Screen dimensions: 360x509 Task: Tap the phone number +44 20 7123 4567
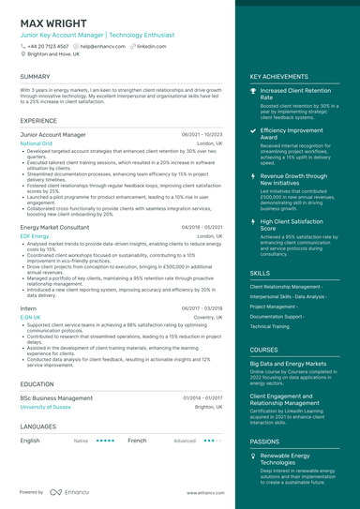pos(48,46)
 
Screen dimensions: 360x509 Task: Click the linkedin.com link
pos(151,46)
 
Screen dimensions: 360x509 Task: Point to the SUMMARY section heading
pos(35,77)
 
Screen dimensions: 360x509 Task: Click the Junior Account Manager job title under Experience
pos(52,135)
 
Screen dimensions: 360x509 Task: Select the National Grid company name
pos(36,143)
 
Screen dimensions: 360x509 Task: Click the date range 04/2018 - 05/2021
pos(202,228)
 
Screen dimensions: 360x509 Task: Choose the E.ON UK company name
pos(30,317)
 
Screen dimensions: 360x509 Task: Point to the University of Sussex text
pos(44,407)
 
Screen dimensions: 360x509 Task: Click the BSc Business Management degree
pos(56,398)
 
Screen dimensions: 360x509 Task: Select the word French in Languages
pos(137,440)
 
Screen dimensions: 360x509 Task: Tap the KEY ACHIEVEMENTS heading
pos(278,77)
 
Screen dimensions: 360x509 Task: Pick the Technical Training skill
pos(270,326)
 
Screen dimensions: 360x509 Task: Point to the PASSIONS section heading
pos(264,441)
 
